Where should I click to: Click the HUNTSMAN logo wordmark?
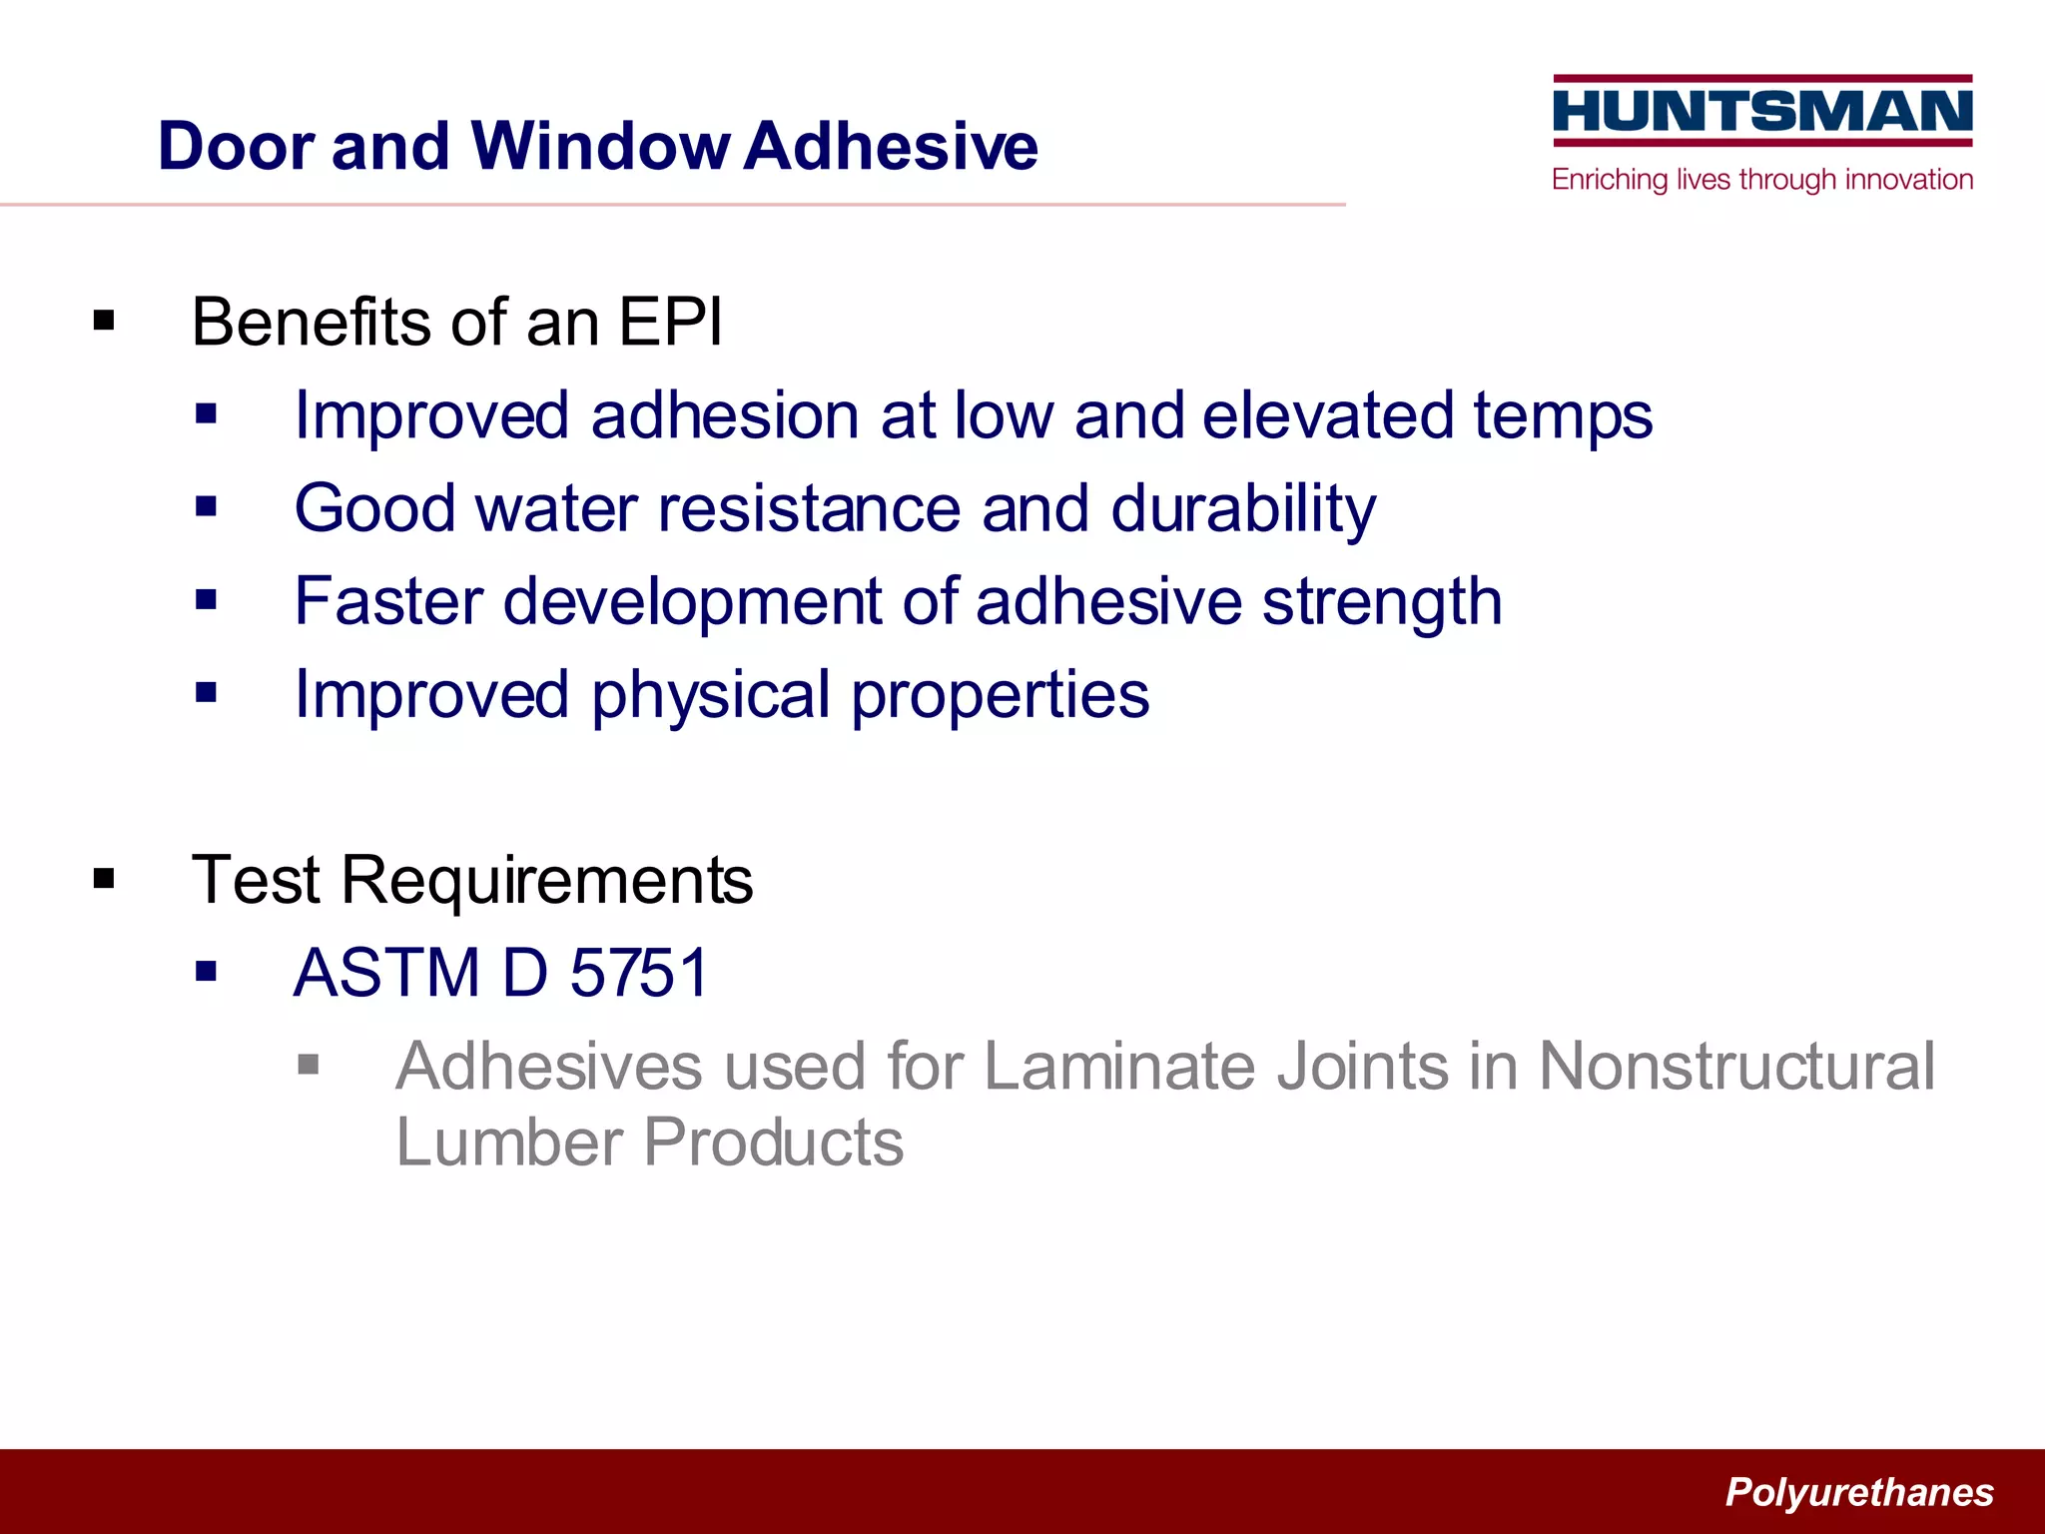pyautogui.click(x=1762, y=110)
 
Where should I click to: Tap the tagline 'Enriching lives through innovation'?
pyautogui.click(x=1762, y=180)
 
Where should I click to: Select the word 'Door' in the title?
pyautogui.click(x=236, y=146)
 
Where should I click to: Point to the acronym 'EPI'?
pyautogui.click(x=670, y=323)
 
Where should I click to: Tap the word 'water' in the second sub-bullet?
pyautogui.click(x=556, y=508)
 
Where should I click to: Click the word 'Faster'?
pyautogui.click(x=388, y=601)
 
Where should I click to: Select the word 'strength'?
pyautogui.click(x=1382, y=603)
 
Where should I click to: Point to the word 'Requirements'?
pyautogui.click(x=547, y=881)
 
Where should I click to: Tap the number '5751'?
pyautogui.click(x=639, y=973)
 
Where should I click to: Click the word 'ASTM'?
pyautogui.click(x=387, y=973)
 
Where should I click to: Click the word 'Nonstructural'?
pyautogui.click(x=1736, y=1067)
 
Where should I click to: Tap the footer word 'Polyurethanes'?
pyautogui.click(x=1859, y=1492)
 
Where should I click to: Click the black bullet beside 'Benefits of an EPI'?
pyautogui.click(x=104, y=322)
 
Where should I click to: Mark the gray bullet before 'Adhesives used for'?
pyautogui.click(x=309, y=1065)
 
